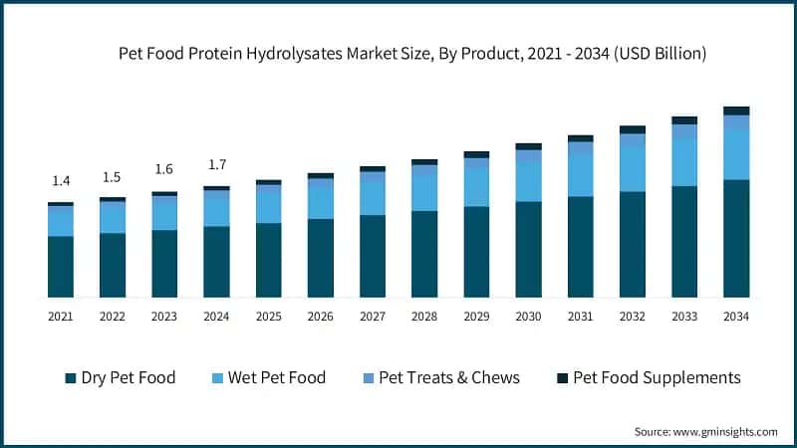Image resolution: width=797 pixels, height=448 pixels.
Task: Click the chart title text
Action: pyautogui.click(x=412, y=54)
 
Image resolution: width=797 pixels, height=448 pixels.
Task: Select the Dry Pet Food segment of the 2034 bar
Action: pyautogui.click(x=736, y=238)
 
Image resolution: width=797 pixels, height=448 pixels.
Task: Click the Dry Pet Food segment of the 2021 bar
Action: pyautogui.click(x=61, y=267)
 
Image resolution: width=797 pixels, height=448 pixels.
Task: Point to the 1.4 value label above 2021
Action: pyautogui.click(x=61, y=181)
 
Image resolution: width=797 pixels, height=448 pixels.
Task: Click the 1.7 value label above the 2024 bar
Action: pyautogui.click(x=217, y=164)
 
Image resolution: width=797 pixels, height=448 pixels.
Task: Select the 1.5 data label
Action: pyautogui.click(x=112, y=177)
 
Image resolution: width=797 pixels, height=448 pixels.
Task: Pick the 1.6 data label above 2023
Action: pyautogui.click(x=163, y=169)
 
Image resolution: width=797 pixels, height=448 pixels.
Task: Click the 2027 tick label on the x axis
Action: pyautogui.click(x=373, y=317)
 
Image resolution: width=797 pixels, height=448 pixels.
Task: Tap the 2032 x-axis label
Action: pyautogui.click(x=633, y=317)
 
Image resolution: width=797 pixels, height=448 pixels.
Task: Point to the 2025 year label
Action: pyautogui.click(x=268, y=317)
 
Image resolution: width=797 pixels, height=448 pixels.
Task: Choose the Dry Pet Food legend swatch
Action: pyautogui.click(x=71, y=378)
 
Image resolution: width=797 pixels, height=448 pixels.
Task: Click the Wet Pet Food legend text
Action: pyautogui.click(x=277, y=377)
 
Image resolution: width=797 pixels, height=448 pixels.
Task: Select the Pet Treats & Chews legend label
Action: pyautogui.click(x=449, y=377)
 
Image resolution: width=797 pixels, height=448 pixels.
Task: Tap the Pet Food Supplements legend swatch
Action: pyautogui.click(x=562, y=378)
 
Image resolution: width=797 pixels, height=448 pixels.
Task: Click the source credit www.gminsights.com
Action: pyautogui.click(x=725, y=432)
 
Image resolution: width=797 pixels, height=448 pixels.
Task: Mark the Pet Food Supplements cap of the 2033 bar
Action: pyautogui.click(x=684, y=120)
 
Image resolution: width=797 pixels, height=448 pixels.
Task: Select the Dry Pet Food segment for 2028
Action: pyautogui.click(x=424, y=254)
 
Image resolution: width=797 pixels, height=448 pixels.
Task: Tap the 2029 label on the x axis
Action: pyautogui.click(x=477, y=317)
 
